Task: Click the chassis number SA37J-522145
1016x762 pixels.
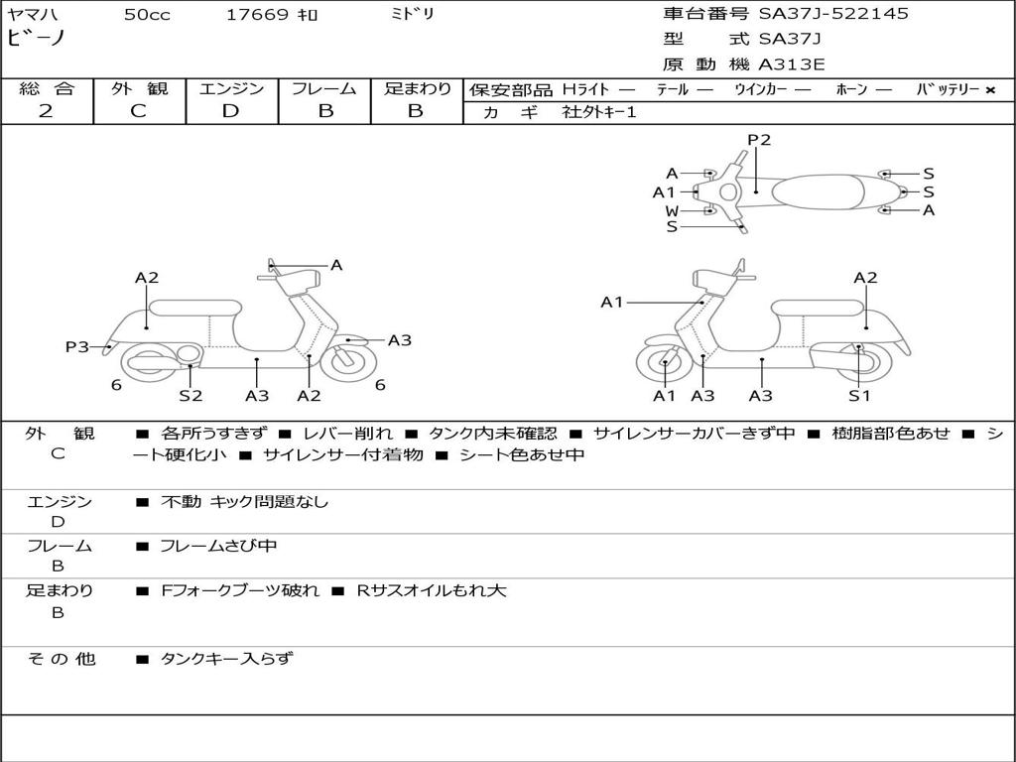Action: (x=833, y=14)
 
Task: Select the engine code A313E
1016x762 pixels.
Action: (x=792, y=65)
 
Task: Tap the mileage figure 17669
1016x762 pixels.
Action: (x=257, y=14)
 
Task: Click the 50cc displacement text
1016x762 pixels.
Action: (x=147, y=14)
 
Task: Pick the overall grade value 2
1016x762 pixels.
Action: (x=46, y=110)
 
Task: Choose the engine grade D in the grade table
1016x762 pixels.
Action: (x=230, y=110)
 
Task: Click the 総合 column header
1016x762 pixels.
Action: (x=46, y=88)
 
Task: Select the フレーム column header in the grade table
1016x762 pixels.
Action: (x=324, y=88)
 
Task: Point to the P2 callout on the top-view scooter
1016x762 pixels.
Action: (x=759, y=140)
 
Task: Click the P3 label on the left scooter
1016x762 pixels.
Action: (x=77, y=346)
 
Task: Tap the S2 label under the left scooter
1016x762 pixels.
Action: (x=190, y=396)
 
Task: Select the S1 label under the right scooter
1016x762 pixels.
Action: (x=859, y=396)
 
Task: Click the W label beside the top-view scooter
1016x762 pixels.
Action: (x=672, y=210)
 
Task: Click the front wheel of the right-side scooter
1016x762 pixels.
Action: (x=664, y=363)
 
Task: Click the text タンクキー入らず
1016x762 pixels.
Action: (x=226, y=658)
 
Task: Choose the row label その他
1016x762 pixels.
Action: (x=61, y=658)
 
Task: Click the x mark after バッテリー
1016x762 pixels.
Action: (x=989, y=89)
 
